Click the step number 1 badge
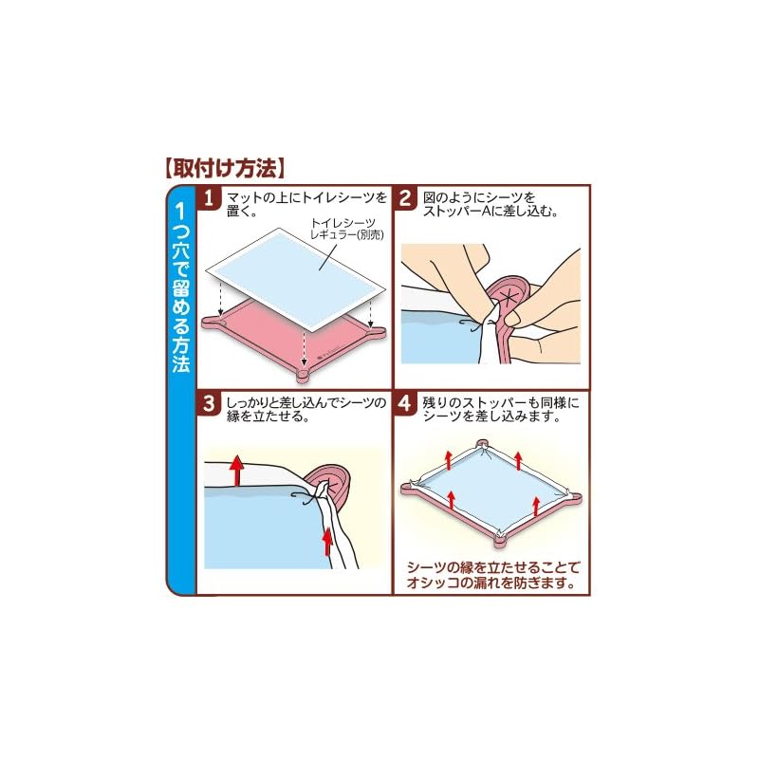point(209,198)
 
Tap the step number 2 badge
point(405,198)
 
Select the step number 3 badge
point(209,403)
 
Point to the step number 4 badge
point(405,403)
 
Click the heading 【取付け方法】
point(225,168)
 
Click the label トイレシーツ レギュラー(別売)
point(346,229)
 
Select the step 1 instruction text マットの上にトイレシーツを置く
point(306,204)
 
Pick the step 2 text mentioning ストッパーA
point(491,204)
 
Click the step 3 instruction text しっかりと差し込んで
point(306,410)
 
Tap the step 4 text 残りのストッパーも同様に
point(501,410)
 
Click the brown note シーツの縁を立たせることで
point(493,575)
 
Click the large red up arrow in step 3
point(236,470)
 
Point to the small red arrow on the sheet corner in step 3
point(328,541)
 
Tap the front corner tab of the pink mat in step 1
point(304,374)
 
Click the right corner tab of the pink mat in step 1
point(378,331)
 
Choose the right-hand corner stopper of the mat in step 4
point(573,497)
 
